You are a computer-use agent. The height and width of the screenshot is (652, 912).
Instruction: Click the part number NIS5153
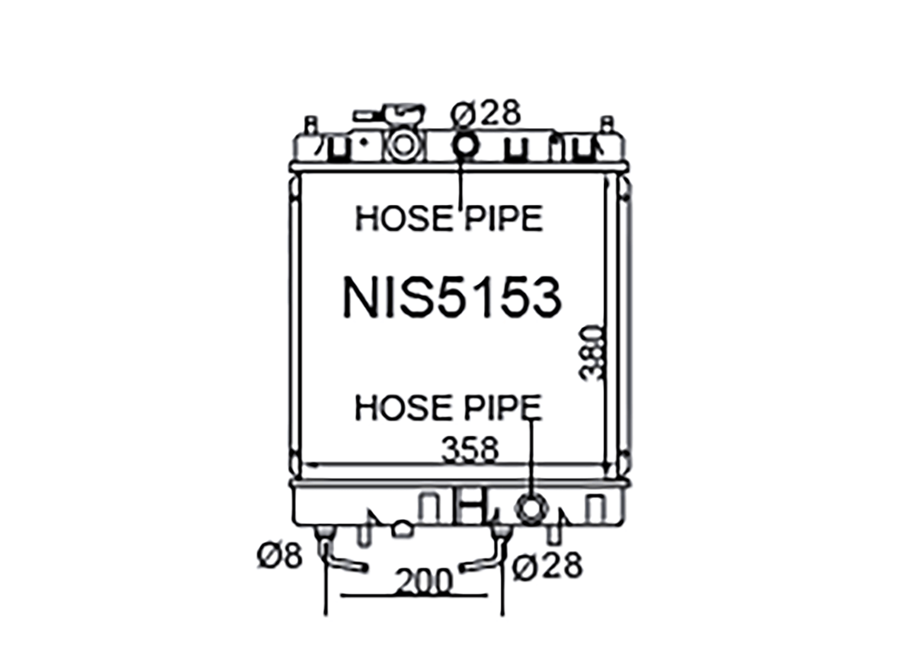pos(453,297)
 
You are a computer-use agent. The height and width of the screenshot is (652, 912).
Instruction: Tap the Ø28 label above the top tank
pos(485,112)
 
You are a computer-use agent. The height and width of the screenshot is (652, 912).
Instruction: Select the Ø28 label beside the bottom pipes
pos(547,566)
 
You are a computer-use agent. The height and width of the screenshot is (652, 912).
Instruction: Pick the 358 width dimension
pos(470,449)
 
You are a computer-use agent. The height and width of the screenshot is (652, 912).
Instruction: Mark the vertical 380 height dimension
pos(590,353)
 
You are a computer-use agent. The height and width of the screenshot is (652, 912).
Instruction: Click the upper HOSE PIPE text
pos(449,218)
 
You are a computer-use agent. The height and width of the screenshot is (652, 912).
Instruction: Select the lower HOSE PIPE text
pos(448,407)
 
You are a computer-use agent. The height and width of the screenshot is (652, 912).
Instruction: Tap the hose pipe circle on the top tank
pos(465,146)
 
